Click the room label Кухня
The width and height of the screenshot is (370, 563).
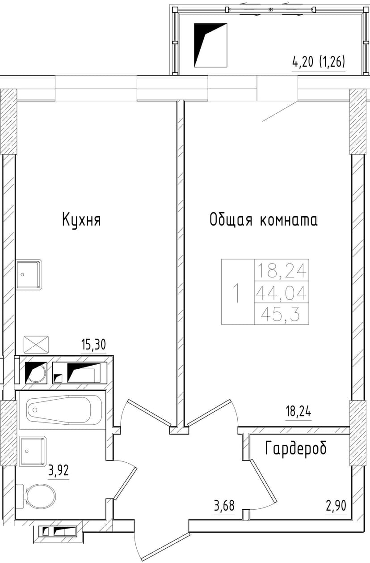coord(81,220)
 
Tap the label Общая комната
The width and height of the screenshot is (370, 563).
coord(264,220)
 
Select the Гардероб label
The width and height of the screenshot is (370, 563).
coord(296,448)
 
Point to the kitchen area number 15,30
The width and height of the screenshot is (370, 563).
coord(93,345)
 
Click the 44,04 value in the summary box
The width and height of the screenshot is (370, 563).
coord(281,293)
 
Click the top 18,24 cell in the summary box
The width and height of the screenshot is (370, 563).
coord(281,271)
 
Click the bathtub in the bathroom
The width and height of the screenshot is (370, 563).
coord(59,409)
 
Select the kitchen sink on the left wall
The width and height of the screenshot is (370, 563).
coord(29,274)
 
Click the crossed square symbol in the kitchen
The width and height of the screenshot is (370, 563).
coord(36,345)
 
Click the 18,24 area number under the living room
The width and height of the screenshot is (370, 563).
coord(298,412)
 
